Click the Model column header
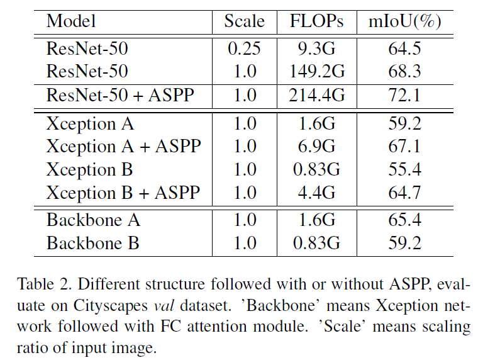point(71,21)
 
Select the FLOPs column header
point(317,21)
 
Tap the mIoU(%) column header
point(404,21)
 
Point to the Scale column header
point(245,21)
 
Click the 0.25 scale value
point(245,49)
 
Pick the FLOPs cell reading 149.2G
point(317,71)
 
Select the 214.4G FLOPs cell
point(317,96)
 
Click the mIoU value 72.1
point(404,96)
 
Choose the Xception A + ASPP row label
point(123,146)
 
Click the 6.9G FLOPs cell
point(317,146)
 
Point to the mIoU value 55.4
point(404,169)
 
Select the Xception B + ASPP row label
point(123,193)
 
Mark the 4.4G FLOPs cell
point(317,193)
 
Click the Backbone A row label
point(93,220)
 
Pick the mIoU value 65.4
point(404,220)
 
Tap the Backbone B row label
point(93,243)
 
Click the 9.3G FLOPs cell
point(317,49)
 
